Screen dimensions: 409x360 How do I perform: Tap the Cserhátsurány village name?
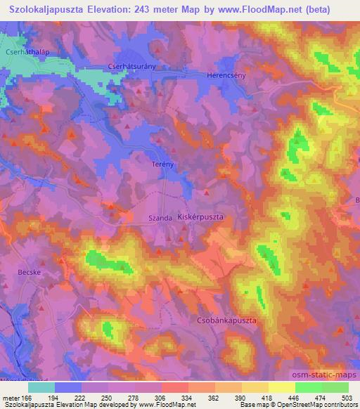146,61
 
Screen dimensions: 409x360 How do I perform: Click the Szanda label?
161,219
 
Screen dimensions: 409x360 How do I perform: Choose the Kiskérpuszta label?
201,217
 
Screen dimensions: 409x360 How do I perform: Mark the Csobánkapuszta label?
221,320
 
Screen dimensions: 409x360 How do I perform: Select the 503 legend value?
347,398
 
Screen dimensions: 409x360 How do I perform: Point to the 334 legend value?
174,398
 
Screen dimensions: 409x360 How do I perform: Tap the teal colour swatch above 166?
41,387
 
